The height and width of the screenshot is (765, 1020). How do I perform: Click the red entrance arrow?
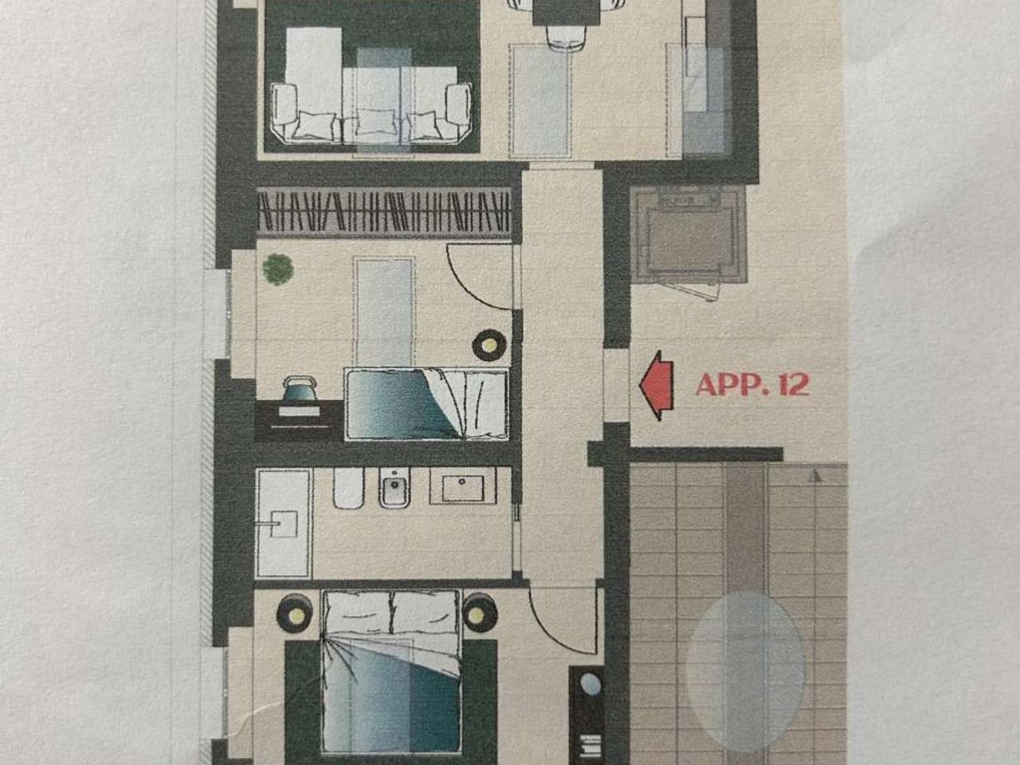click(x=657, y=386)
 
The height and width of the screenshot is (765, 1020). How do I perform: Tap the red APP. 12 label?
click(x=752, y=385)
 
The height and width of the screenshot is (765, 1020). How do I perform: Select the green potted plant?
click(x=277, y=269)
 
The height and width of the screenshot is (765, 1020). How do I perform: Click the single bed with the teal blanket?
click(x=426, y=404)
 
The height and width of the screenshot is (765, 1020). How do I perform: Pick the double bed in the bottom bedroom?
click(x=391, y=672)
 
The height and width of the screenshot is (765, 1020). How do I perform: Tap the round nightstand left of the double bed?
click(x=295, y=614)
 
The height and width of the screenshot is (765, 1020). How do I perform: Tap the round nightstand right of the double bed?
click(x=480, y=613)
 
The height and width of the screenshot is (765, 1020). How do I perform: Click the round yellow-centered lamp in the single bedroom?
click(x=489, y=345)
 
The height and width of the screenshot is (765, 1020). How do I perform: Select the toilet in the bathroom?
click(x=348, y=488)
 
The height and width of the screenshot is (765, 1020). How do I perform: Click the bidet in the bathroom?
click(x=394, y=487)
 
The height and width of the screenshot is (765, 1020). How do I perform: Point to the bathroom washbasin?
click(x=463, y=485)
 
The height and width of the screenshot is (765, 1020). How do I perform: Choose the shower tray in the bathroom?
click(x=284, y=524)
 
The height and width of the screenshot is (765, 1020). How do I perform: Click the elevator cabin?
click(x=688, y=235)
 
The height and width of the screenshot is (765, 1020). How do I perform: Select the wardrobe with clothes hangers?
click(x=384, y=212)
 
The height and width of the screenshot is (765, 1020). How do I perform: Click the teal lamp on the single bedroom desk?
click(x=300, y=388)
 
